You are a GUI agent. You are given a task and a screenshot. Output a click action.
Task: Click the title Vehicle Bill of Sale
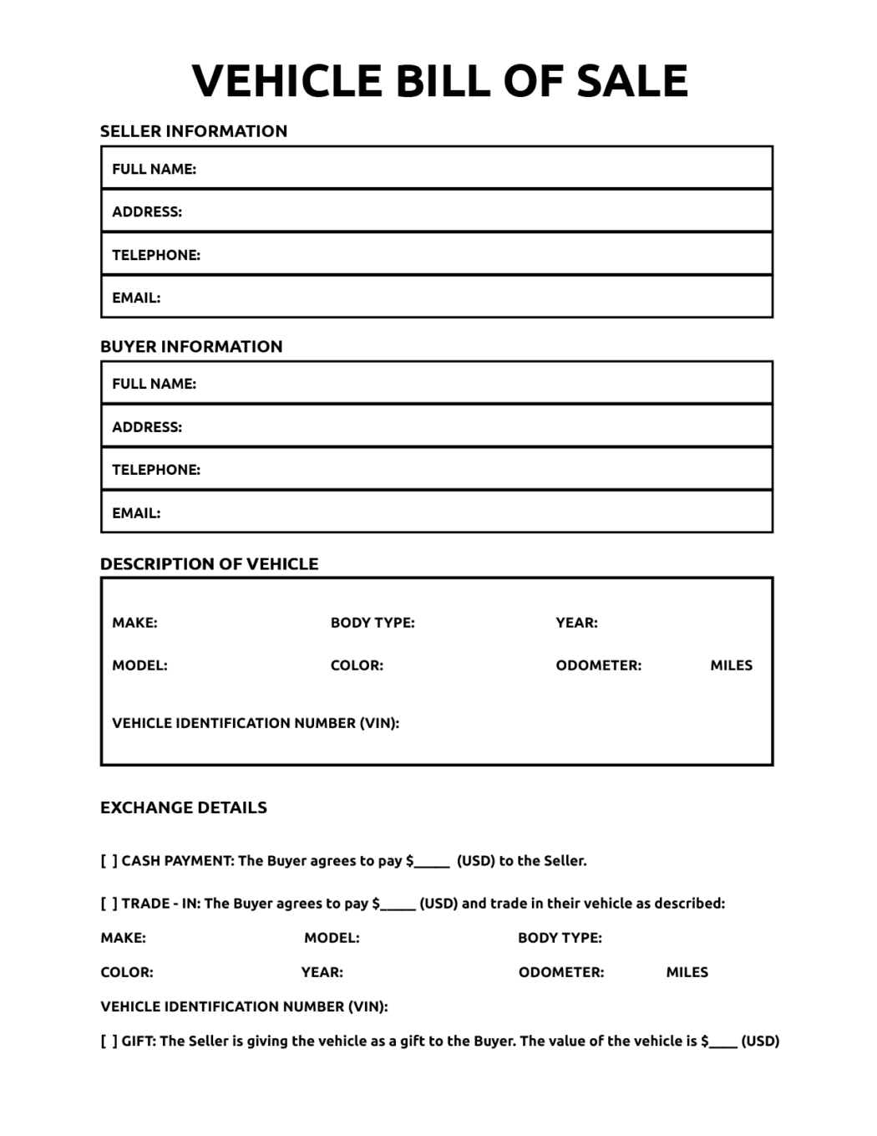(439, 81)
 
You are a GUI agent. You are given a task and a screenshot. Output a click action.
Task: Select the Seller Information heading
(193, 131)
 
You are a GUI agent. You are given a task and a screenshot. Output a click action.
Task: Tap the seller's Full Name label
(154, 169)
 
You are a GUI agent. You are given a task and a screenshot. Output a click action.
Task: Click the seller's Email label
(136, 298)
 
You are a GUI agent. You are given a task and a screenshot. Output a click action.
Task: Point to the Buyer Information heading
(191, 346)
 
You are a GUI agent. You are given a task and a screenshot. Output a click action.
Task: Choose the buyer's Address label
(147, 427)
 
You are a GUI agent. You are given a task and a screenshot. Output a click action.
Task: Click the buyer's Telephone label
(156, 470)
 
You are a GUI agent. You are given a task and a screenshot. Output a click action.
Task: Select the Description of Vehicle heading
(209, 564)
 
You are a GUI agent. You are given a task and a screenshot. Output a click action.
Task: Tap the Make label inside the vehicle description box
(134, 623)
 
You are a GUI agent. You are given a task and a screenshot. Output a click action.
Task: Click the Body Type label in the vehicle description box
(373, 623)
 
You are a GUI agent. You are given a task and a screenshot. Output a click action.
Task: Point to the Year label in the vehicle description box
(576, 623)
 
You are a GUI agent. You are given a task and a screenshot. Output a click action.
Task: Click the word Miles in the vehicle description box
(731, 665)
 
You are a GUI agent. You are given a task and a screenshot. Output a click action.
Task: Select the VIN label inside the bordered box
(256, 723)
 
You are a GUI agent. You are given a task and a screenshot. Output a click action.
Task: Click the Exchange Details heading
(184, 807)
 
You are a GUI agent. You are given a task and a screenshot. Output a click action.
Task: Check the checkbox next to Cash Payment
(109, 861)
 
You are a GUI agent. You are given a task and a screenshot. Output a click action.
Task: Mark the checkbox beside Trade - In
(109, 904)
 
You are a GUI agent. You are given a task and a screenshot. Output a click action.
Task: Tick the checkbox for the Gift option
(109, 1042)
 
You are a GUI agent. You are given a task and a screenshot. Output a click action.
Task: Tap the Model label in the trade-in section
(332, 938)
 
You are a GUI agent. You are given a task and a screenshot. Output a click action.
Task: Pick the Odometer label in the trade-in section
(560, 972)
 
